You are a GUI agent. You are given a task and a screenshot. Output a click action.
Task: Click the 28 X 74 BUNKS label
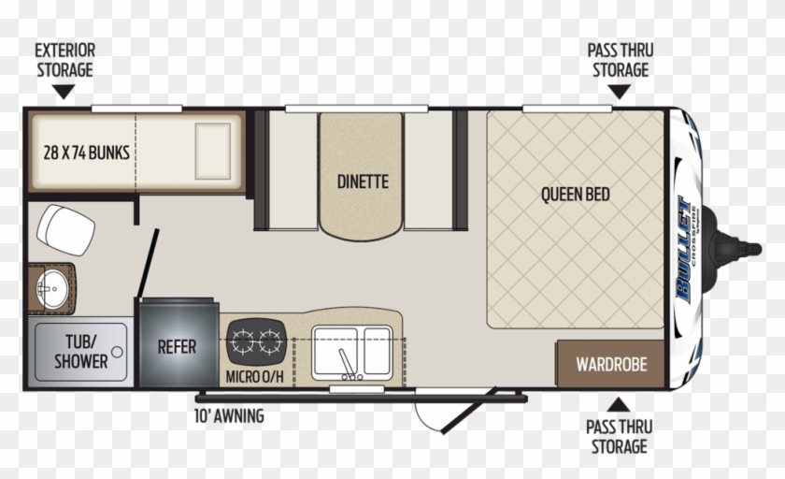pos(86,151)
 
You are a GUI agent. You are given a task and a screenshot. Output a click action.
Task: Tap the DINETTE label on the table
pos(363,181)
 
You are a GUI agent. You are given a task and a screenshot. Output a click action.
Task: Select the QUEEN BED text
pos(575,195)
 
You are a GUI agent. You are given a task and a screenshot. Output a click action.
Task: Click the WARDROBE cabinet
pos(611,364)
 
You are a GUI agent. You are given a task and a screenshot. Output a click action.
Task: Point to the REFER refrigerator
pos(177,346)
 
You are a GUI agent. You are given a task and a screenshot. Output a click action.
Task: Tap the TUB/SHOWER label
pos(80,352)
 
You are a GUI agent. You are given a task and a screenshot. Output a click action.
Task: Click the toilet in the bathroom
pos(64,227)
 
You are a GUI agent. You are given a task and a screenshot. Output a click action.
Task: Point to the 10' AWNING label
pos(228,415)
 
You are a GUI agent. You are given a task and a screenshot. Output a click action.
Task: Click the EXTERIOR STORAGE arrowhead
pos(64,92)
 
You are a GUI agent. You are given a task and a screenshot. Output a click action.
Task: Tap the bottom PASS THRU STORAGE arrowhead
pos(618,404)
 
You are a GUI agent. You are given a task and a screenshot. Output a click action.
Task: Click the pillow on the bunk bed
pos(212,151)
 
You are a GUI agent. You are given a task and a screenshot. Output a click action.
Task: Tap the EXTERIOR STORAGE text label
pos(64,59)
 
